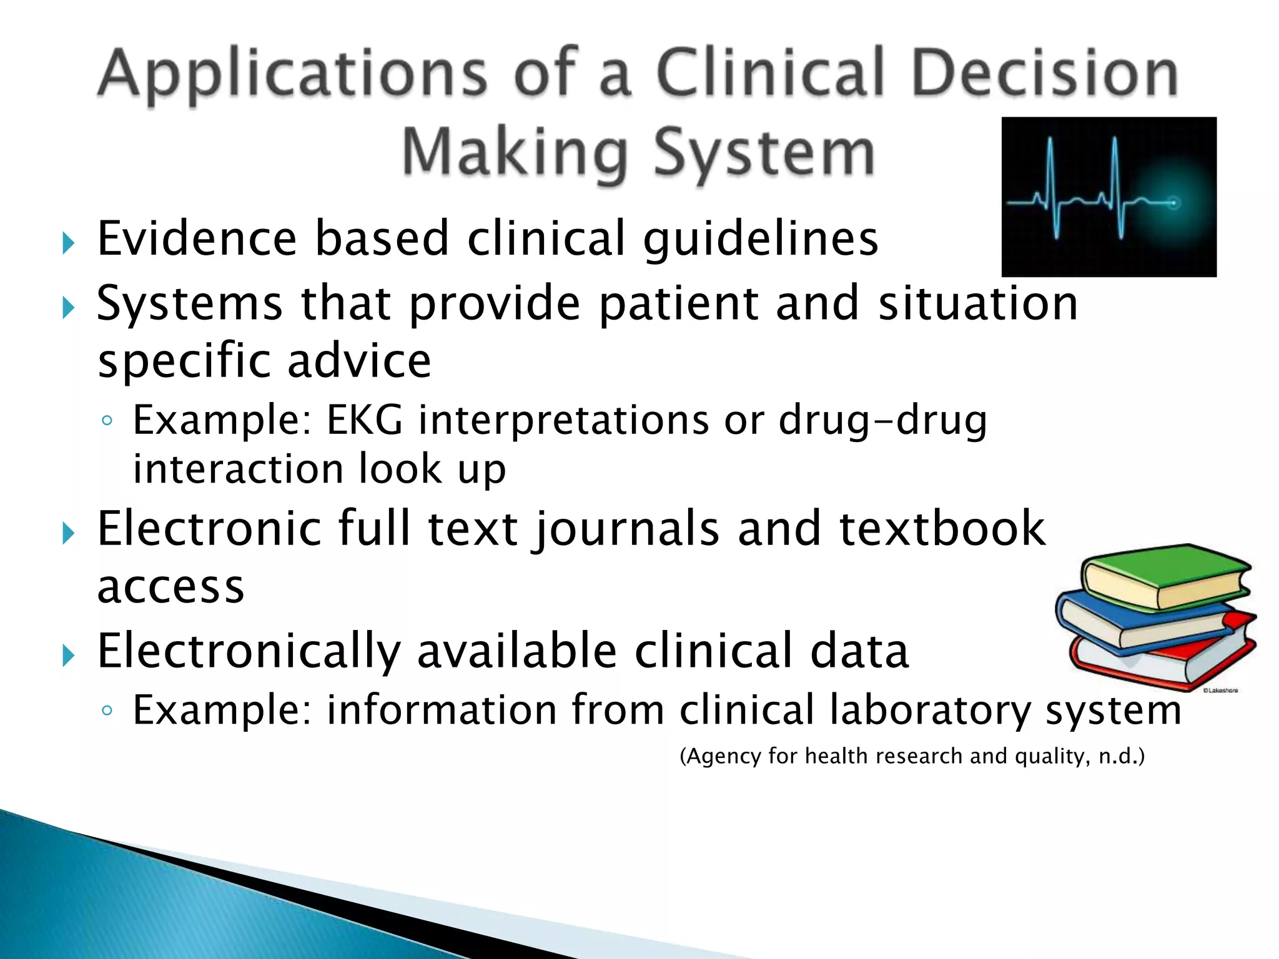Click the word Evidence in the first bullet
click(x=197, y=239)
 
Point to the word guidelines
click(x=761, y=240)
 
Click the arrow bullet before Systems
click(x=68, y=307)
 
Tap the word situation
click(x=978, y=303)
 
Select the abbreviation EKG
click(x=365, y=420)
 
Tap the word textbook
click(x=942, y=528)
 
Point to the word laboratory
click(x=929, y=711)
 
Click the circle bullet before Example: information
click(x=107, y=710)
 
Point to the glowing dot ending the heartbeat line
click(x=1173, y=202)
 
